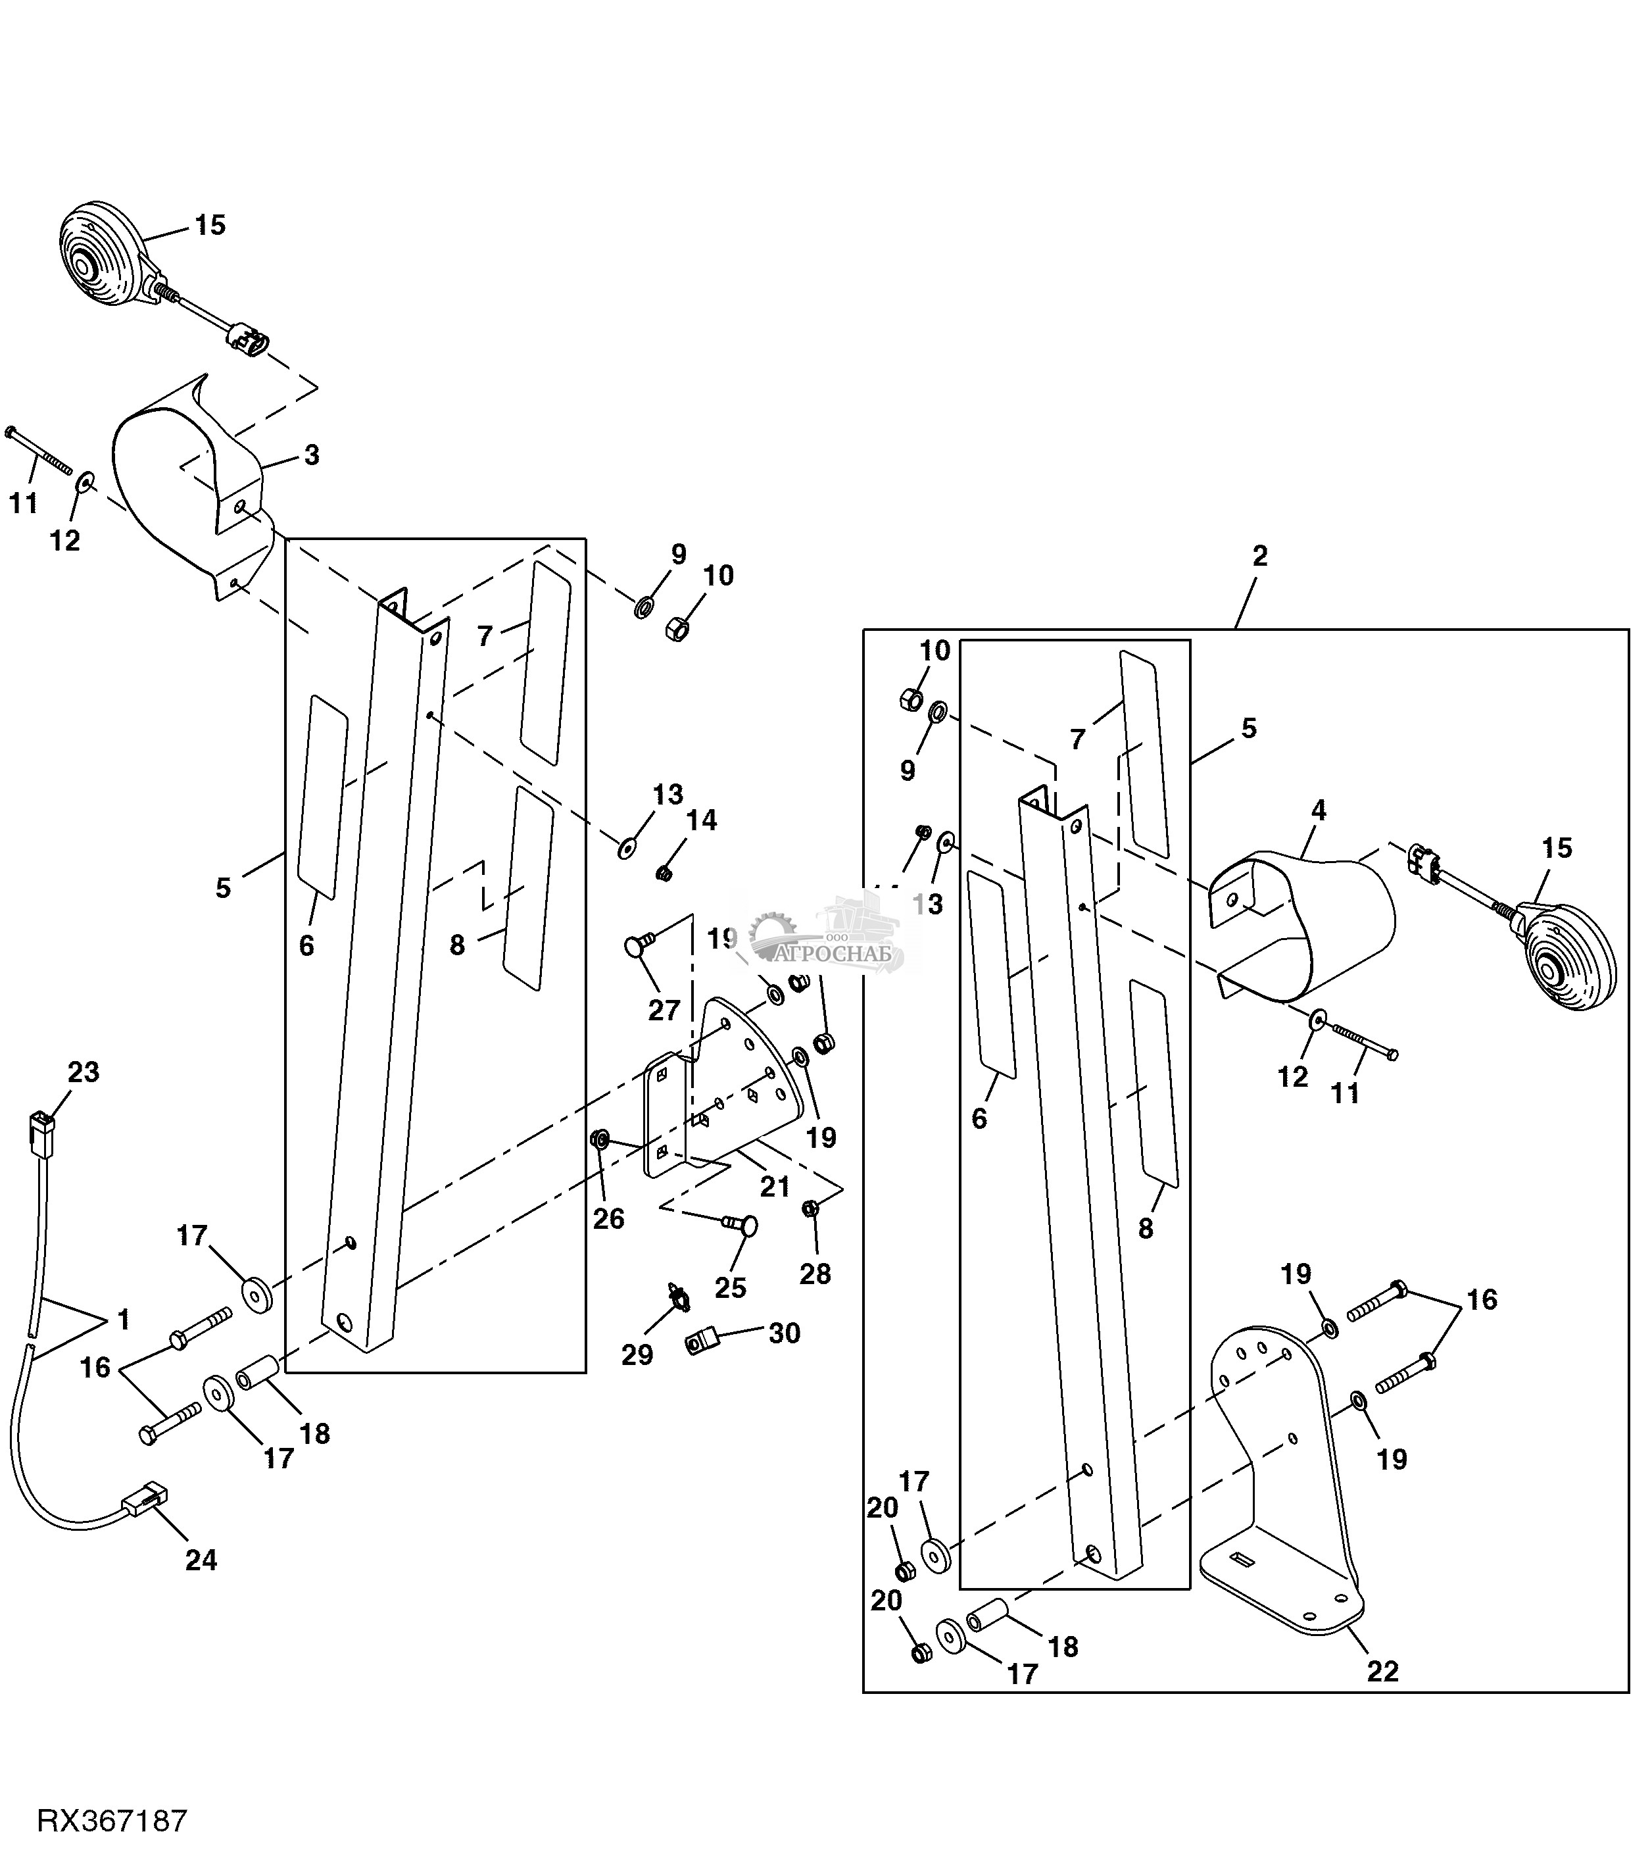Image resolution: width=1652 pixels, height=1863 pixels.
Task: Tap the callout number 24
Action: (201, 1560)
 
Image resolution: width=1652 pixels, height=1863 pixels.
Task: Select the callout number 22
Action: (1382, 1672)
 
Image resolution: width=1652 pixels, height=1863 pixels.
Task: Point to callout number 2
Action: (1259, 556)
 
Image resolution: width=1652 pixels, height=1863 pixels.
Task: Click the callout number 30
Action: (785, 1333)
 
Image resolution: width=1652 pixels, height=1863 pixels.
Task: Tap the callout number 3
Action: (312, 455)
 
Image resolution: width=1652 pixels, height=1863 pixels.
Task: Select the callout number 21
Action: (775, 1187)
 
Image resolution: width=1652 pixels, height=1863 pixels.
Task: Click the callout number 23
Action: (83, 1072)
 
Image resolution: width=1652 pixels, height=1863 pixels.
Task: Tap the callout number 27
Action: (664, 1010)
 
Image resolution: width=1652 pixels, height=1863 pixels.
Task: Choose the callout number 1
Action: (123, 1320)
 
